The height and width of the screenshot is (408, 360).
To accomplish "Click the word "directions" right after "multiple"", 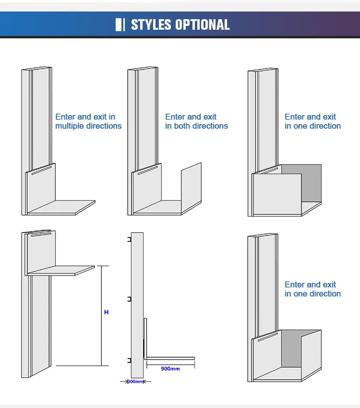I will pyautogui.click(x=104, y=126).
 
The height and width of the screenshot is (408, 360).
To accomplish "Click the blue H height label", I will pyautogui.click(x=106, y=312).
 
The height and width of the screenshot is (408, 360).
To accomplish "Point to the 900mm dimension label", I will pyautogui.click(x=170, y=369).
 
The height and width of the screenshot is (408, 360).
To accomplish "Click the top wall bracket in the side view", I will pyautogui.click(x=129, y=239).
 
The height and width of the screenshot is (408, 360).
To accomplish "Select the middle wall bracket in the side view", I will pyautogui.click(x=129, y=299).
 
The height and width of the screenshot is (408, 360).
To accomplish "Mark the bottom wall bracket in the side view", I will pyautogui.click(x=129, y=360).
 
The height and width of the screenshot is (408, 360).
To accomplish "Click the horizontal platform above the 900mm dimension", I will pyautogui.click(x=170, y=358).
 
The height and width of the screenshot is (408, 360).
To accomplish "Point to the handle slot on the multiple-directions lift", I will pyautogui.click(x=41, y=171).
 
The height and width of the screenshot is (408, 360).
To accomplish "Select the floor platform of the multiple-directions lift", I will pyautogui.click(x=61, y=207).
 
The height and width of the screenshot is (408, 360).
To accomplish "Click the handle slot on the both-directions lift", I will pyautogui.click(x=148, y=171).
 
